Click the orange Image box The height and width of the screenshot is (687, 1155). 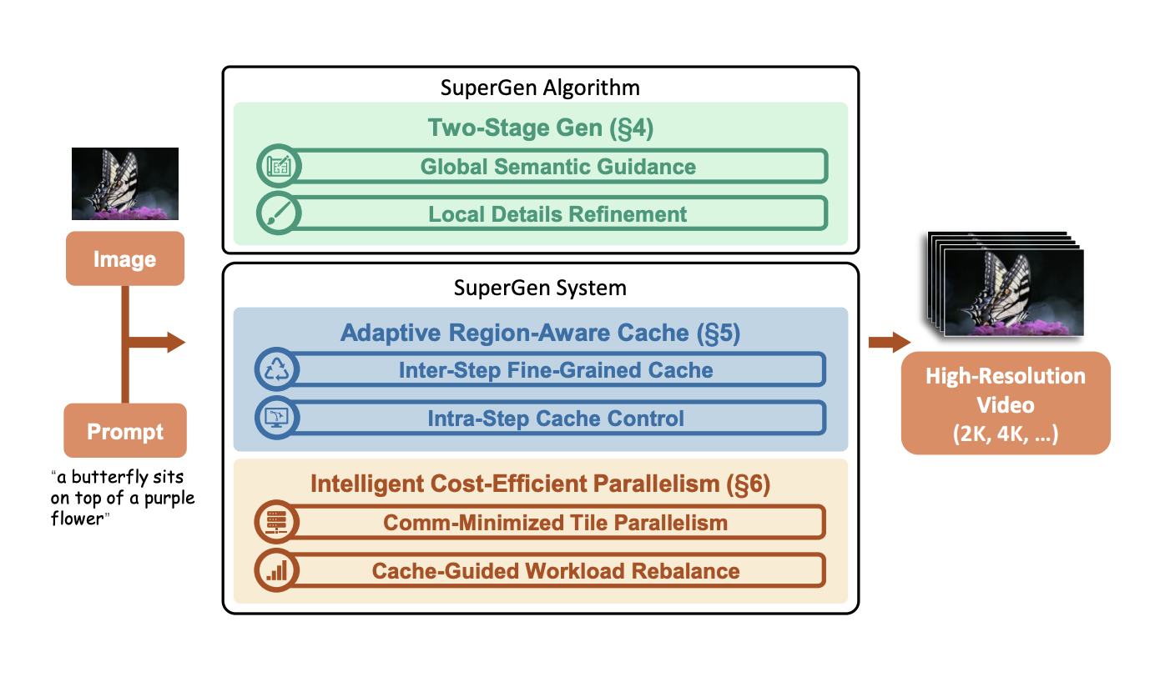click(x=124, y=258)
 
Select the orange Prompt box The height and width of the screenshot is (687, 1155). click(x=125, y=431)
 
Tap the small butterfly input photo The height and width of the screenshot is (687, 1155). click(x=125, y=183)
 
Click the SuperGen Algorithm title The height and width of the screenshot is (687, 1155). click(x=540, y=88)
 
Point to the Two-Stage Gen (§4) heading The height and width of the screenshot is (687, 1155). click(x=540, y=128)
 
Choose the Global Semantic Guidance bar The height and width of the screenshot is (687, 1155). click(x=557, y=166)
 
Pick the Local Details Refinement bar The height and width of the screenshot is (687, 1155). click(x=557, y=213)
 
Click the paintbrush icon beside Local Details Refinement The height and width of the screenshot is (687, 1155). click(x=276, y=213)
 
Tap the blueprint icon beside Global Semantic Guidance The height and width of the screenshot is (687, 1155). click(x=276, y=166)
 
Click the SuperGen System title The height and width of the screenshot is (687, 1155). click(x=540, y=288)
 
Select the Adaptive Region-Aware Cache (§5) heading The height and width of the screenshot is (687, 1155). click(x=540, y=333)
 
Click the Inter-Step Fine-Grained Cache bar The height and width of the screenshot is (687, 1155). click(x=555, y=369)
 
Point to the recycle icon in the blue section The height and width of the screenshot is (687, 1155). click(x=275, y=369)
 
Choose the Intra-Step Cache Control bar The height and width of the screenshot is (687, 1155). click(x=555, y=418)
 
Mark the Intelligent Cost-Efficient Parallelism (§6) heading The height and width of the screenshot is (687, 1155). click(x=540, y=484)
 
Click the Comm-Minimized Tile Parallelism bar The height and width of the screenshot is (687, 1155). click(x=555, y=523)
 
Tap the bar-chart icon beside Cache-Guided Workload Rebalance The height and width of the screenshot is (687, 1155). click(x=275, y=570)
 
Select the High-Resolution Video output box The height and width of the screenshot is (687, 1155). click(x=1005, y=403)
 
